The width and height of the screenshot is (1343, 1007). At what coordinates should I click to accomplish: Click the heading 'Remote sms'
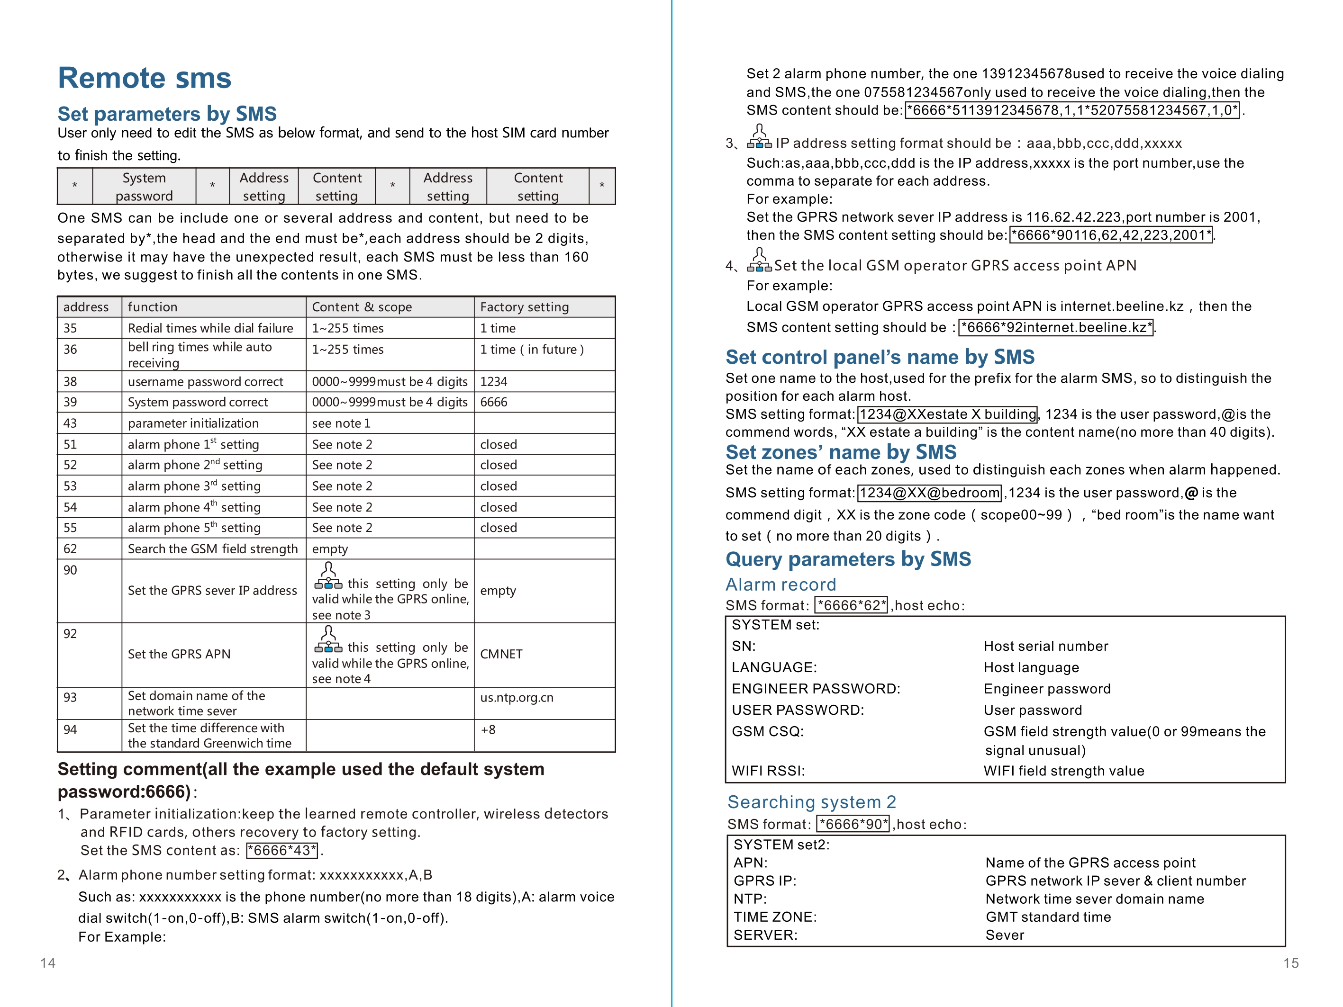145,78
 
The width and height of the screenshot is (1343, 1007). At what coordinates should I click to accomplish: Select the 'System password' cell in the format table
144,186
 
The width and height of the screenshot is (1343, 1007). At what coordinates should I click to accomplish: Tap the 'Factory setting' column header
524,307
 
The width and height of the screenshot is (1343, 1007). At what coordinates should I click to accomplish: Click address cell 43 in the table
71,423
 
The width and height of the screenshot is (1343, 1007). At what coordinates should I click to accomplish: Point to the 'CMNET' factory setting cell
501,654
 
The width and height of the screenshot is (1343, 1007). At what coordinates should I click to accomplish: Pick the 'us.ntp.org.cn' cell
517,697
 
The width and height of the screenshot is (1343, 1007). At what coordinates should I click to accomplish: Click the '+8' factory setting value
488,729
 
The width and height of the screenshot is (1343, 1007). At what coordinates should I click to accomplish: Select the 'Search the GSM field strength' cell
212,548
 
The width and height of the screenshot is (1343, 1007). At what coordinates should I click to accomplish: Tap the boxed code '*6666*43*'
282,850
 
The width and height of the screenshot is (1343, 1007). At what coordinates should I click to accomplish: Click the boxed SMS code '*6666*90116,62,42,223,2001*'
1110,235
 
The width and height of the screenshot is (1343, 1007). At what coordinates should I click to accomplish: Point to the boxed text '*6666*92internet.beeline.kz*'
1056,328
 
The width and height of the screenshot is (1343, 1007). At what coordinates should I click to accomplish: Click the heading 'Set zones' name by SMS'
841,452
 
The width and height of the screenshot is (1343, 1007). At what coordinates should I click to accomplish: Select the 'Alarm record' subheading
781,584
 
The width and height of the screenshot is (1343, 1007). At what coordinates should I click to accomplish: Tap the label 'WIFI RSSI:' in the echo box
768,771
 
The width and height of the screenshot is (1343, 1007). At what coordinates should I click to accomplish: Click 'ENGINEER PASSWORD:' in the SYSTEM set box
816,689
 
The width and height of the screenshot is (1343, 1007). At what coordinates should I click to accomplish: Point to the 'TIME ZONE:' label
775,917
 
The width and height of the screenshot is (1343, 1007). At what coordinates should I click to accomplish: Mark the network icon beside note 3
759,137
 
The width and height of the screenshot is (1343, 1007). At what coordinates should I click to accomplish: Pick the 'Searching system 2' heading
812,802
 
